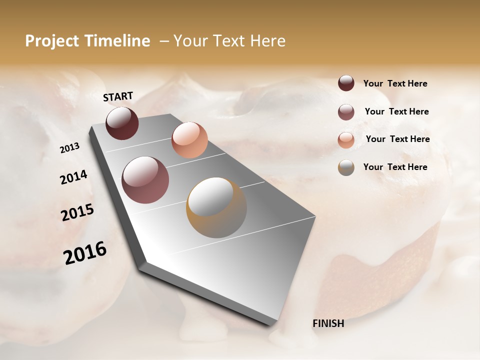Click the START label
(118, 96)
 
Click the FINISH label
(328, 323)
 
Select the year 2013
(70, 148)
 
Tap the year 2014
(74, 177)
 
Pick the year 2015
(77, 212)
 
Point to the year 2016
(85, 253)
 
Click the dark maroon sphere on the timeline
(122, 123)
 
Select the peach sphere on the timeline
(189, 139)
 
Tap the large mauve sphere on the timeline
(145, 180)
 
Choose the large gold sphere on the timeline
(216, 207)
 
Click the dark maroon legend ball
(346, 83)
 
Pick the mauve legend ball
(346, 111)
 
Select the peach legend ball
(346, 139)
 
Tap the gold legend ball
(346, 167)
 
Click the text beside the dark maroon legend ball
(395, 83)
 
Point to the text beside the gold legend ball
(395, 167)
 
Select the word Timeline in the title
(117, 41)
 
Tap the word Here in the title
(268, 41)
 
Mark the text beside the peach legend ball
(398, 139)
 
